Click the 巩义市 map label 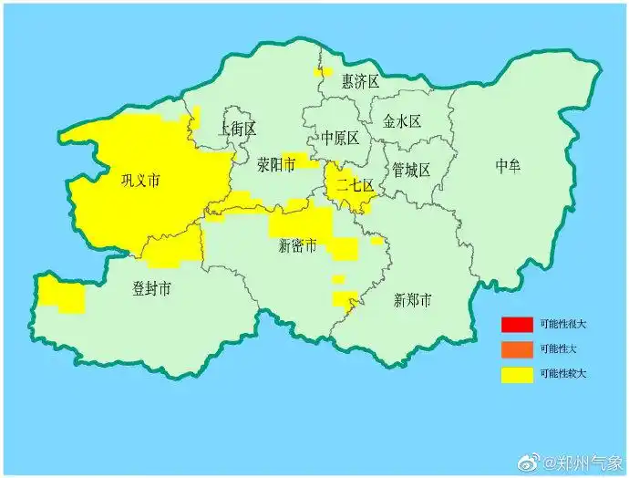140,181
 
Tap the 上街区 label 239,129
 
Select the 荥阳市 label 275,165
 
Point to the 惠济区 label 360,82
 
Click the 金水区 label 401,121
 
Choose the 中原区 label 340,138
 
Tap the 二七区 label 355,185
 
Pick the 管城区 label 411,171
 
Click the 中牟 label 509,165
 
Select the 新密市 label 298,246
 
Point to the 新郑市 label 412,300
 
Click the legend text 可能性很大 562,324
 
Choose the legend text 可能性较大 562,373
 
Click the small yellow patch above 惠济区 324,71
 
